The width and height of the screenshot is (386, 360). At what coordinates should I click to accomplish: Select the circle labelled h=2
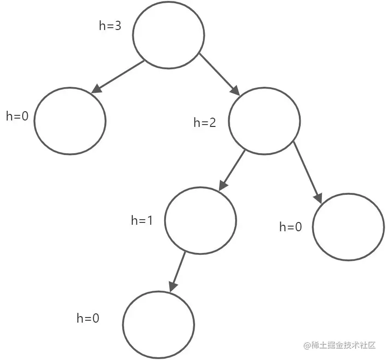click(264, 121)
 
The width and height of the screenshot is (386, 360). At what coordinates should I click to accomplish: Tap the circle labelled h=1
click(201, 220)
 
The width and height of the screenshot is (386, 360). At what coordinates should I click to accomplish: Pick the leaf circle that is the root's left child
click(70, 120)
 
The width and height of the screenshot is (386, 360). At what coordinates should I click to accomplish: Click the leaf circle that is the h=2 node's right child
click(348, 227)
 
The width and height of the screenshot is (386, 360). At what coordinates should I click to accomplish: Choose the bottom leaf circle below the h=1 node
click(159, 324)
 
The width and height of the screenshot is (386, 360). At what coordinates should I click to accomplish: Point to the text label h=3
click(110, 26)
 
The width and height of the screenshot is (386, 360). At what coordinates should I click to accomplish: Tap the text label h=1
click(142, 221)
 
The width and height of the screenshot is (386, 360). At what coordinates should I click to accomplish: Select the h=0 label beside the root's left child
click(17, 116)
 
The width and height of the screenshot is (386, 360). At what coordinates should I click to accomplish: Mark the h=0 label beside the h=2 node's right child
click(291, 227)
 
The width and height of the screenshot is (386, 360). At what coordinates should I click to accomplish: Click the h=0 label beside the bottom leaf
click(88, 318)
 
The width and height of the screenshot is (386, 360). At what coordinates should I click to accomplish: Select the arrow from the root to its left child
click(118, 77)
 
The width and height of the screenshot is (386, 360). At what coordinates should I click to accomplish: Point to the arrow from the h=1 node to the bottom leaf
click(178, 271)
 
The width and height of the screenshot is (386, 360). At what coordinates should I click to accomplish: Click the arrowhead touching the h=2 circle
click(235, 91)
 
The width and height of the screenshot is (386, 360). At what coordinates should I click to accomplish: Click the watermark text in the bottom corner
click(340, 345)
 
